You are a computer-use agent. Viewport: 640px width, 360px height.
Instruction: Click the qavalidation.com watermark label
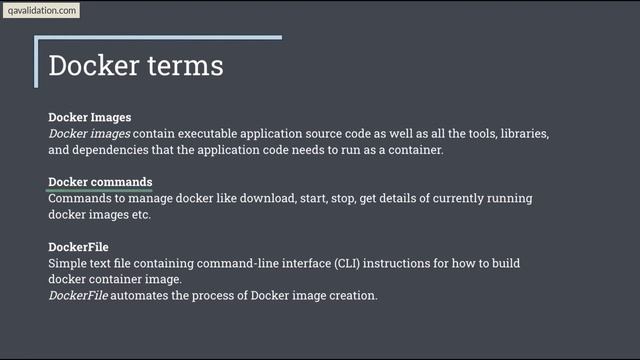click(x=41, y=11)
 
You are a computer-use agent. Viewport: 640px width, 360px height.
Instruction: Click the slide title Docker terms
click(x=135, y=66)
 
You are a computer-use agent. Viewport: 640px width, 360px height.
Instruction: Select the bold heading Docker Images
click(x=90, y=117)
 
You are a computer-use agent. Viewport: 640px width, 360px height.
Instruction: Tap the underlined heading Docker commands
click(x=100, y=182)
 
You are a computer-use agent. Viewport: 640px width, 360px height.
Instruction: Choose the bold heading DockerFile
click(x=78, y=246)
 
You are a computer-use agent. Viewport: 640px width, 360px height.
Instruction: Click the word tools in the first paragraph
click(x=456, y=133)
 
